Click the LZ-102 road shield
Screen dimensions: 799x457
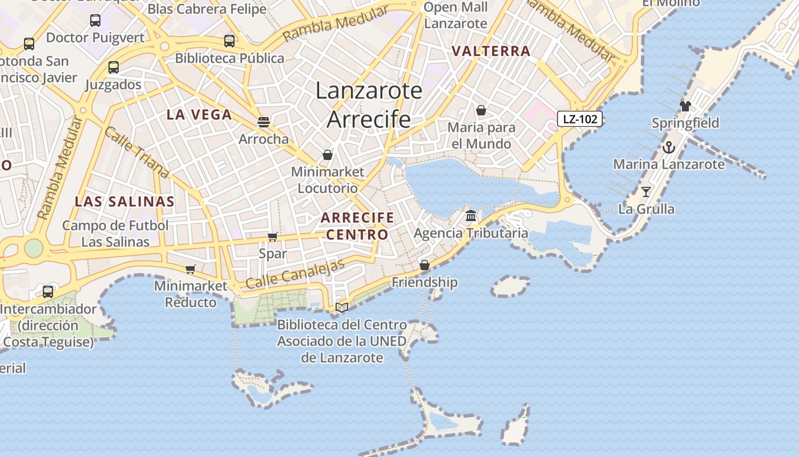click(x=580, y=119)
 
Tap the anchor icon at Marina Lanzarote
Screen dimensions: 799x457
click(x=668, y=147)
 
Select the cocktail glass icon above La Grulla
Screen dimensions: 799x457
click(x=646, y=192)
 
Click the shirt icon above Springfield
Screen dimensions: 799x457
click(x=685, y=106)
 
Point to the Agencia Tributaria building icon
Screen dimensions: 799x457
click(x=471, y=215)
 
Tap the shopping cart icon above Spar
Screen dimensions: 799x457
click(x=273, y=236)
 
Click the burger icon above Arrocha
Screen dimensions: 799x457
click(x=263, y=122)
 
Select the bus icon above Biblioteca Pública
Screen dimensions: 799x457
click(x=229, y=41)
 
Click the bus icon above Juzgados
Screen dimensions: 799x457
click(x=114, y=67)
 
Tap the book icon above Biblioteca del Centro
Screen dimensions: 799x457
click(x=342, y=307)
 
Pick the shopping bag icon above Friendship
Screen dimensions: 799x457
click(x=424, y=265)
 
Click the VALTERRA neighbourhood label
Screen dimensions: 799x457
click(x=491, y=51)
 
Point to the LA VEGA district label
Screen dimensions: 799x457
click(x=199, y=114)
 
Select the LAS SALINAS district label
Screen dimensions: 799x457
click(x=124, y=201)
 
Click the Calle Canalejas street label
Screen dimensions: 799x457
click(x=296, y=274)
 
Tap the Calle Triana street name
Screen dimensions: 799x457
click(x=136, y=151)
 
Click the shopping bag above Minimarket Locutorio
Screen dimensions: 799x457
click(x=328, y=155)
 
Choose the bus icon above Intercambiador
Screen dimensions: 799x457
click(x=48, y=292)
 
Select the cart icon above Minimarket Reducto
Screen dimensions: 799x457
click(x=191, y=269)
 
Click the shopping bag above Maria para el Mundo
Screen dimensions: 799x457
click(x=481, y=110)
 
